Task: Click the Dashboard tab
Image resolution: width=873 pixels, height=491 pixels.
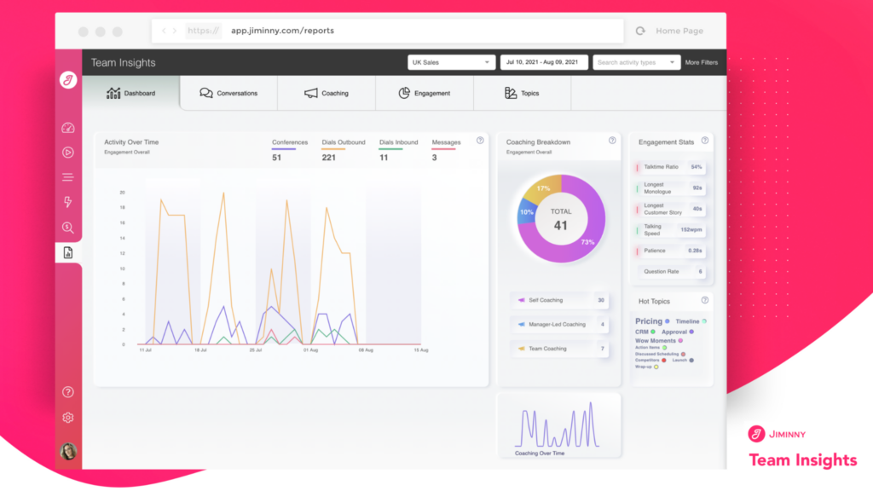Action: point(131,93)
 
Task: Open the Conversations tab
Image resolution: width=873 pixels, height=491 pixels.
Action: point(228,93)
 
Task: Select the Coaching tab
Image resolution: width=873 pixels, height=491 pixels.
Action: point(327,93)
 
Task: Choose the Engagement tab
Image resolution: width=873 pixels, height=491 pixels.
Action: point(424,93)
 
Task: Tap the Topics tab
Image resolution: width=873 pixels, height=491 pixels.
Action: point(522,93)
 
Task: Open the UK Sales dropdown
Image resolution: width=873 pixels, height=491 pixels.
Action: point(452,62)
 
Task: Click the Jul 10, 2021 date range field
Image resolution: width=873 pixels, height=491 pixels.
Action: point(543,62)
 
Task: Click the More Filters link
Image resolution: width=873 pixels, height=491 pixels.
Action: point(701,62)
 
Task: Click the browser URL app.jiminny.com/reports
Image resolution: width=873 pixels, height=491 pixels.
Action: point(282,31)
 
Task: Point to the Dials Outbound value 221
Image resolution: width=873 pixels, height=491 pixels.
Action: point(328,158)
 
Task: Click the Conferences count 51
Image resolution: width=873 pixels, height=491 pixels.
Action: point(276,158)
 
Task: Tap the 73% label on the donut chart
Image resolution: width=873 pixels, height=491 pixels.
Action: point(587,243)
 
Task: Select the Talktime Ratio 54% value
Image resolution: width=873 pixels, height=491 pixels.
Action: point(697,167)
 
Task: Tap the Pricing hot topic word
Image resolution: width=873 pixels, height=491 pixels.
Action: point(649,321)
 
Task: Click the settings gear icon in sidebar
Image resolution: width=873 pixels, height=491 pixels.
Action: point(68,418)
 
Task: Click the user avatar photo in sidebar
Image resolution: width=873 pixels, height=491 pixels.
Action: point(68,451)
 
